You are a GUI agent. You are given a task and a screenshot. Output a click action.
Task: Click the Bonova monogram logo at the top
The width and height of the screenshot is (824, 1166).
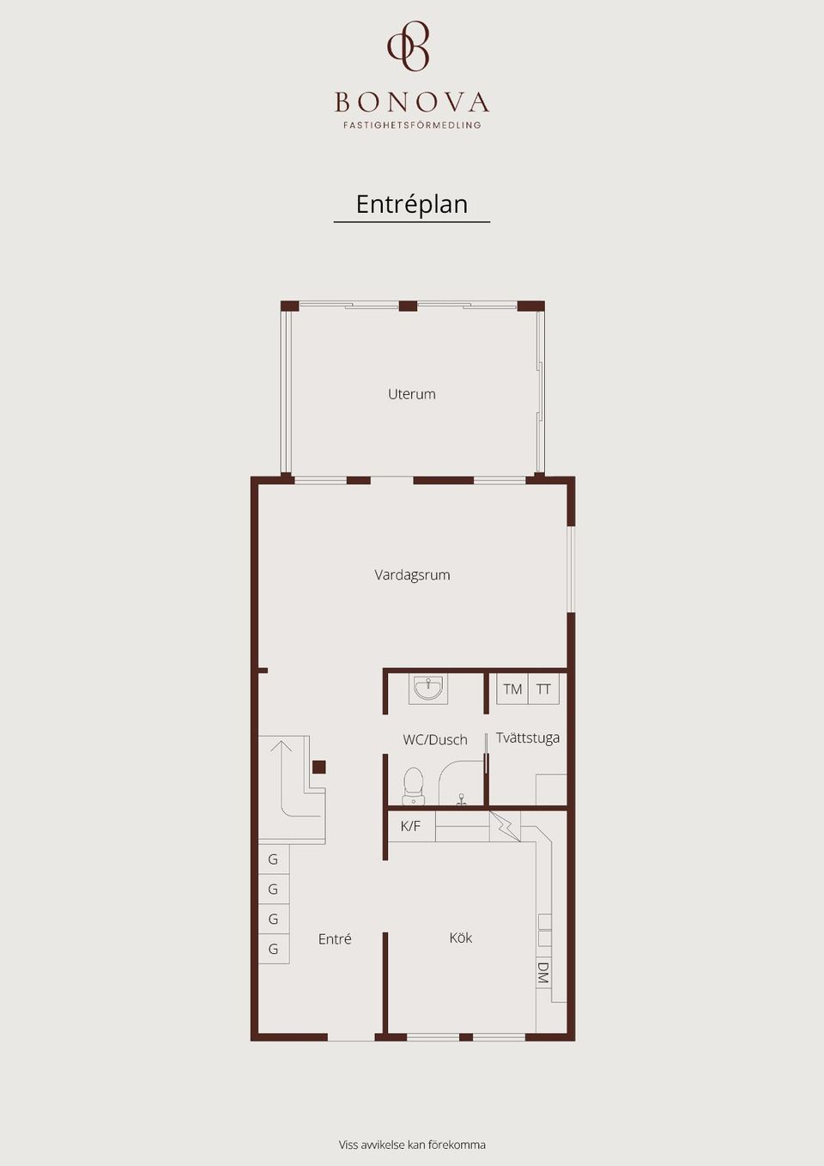click(x=409, y=46)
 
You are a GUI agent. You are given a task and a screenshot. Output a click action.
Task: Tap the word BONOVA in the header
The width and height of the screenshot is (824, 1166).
click(x=412, y=103)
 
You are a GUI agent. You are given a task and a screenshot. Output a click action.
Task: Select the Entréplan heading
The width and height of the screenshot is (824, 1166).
click(x=412, y=204)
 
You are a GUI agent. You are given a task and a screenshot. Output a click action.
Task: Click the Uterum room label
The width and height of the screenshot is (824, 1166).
click(x=412, y=394)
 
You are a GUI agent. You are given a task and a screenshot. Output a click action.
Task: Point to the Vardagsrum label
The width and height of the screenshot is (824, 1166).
click(x=412, y=575)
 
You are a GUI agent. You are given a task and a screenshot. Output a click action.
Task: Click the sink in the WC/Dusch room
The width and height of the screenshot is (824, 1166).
click(x=427, y=688)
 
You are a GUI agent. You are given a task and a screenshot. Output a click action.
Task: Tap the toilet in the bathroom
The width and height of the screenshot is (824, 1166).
click(x=414, y=786)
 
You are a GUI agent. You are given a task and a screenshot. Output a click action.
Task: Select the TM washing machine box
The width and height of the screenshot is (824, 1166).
click(x=512, y=689)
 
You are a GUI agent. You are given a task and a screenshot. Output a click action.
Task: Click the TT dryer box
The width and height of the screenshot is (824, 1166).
click(x=543, y=689)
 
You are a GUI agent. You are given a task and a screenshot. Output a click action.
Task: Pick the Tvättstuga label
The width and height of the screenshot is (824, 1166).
click(x=528, y=738)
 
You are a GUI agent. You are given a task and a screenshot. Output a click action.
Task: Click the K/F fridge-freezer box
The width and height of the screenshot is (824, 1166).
click(x=411, y=826)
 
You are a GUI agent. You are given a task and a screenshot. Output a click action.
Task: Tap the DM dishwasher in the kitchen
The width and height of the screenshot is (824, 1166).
click(x=543, y=973)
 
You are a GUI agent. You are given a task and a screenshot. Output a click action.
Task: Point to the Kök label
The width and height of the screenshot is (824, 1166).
click(x=461, y=938)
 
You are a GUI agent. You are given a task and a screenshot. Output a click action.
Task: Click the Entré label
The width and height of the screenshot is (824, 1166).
click(x=335, y=939)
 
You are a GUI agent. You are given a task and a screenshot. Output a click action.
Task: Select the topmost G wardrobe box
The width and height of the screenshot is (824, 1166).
click(x=273, y=859)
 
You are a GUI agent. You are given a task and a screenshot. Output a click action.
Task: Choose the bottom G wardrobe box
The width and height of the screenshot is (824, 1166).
click(x=273, y=949)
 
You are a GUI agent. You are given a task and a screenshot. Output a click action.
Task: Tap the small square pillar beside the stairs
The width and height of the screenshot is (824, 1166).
click(x=319, y=768)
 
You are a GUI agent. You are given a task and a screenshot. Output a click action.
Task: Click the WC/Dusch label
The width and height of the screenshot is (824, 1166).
click(x=435, y=739)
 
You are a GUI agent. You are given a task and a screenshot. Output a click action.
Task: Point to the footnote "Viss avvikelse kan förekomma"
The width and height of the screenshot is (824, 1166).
click(x=412, y=1145)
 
